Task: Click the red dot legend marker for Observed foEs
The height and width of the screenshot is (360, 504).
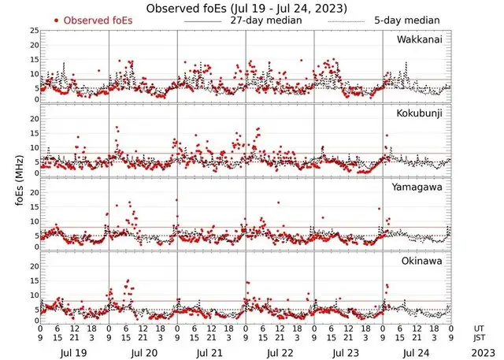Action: [57, 20]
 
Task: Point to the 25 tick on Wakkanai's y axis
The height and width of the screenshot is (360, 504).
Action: [33, 30]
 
